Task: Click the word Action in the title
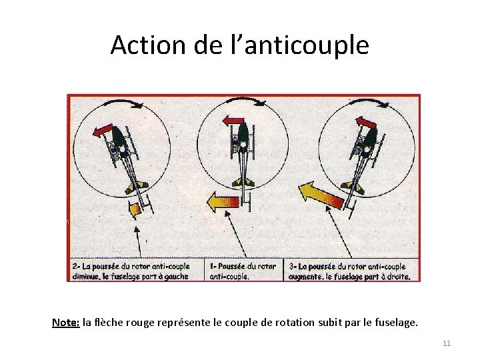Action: pos(148,45)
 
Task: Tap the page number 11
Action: pos(447,343)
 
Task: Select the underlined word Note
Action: pos(66,323)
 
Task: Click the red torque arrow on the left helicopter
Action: pos(103,130)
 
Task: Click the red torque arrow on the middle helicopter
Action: pos(233,121)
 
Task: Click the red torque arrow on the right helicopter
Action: pos(366,123)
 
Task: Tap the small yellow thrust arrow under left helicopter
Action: pos(135,209)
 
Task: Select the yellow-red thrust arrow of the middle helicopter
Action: pos(223,202)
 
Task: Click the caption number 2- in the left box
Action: pos(76,266)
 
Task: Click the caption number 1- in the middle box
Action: pos(213,266)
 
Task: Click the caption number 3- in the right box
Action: pos(293,267)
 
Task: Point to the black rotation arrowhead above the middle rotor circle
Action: pos(261,103)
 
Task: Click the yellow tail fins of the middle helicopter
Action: pos(243,183)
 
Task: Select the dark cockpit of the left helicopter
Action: pos(118,137)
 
